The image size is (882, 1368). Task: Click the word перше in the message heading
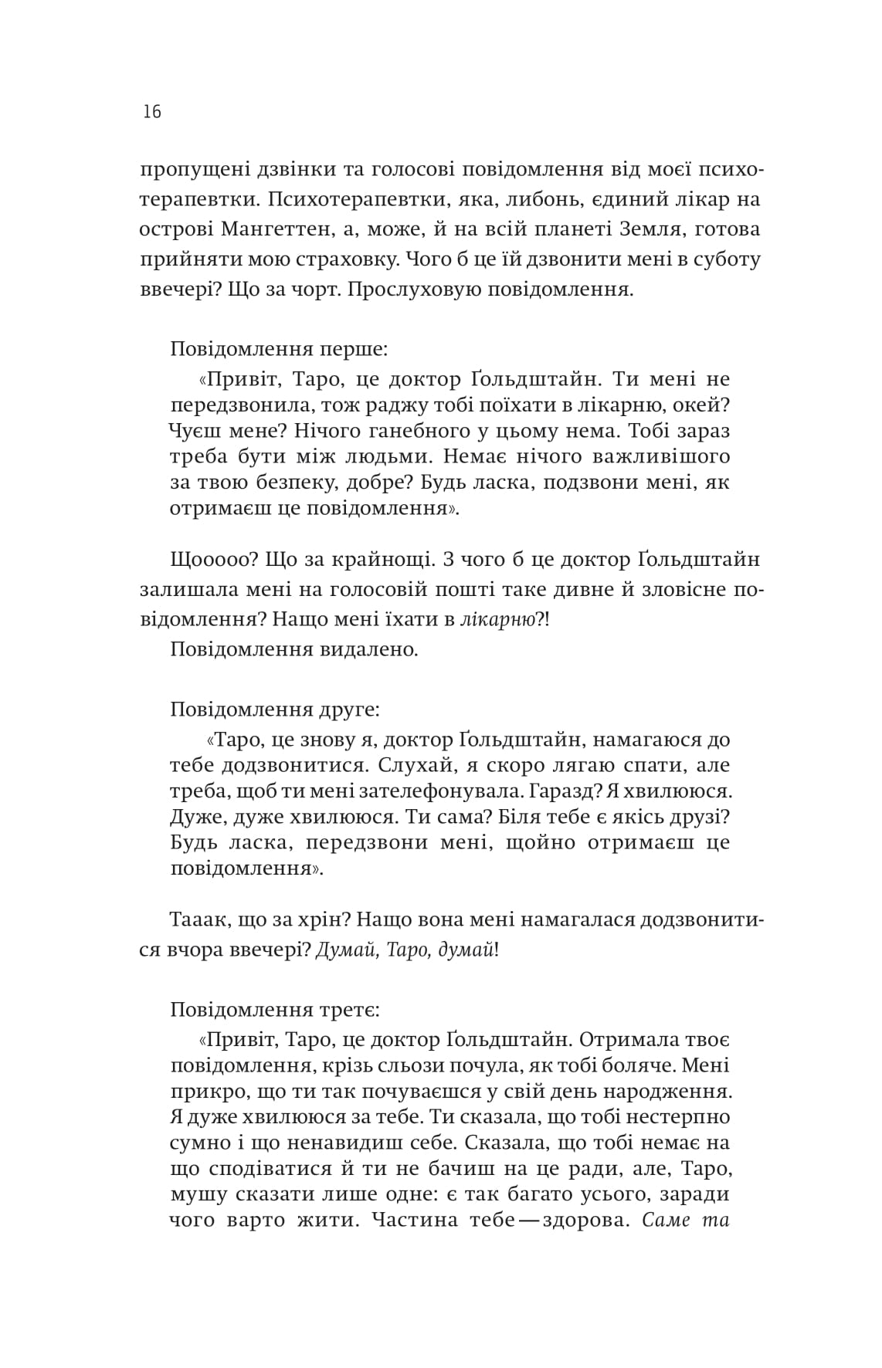(x=354, y=348)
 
